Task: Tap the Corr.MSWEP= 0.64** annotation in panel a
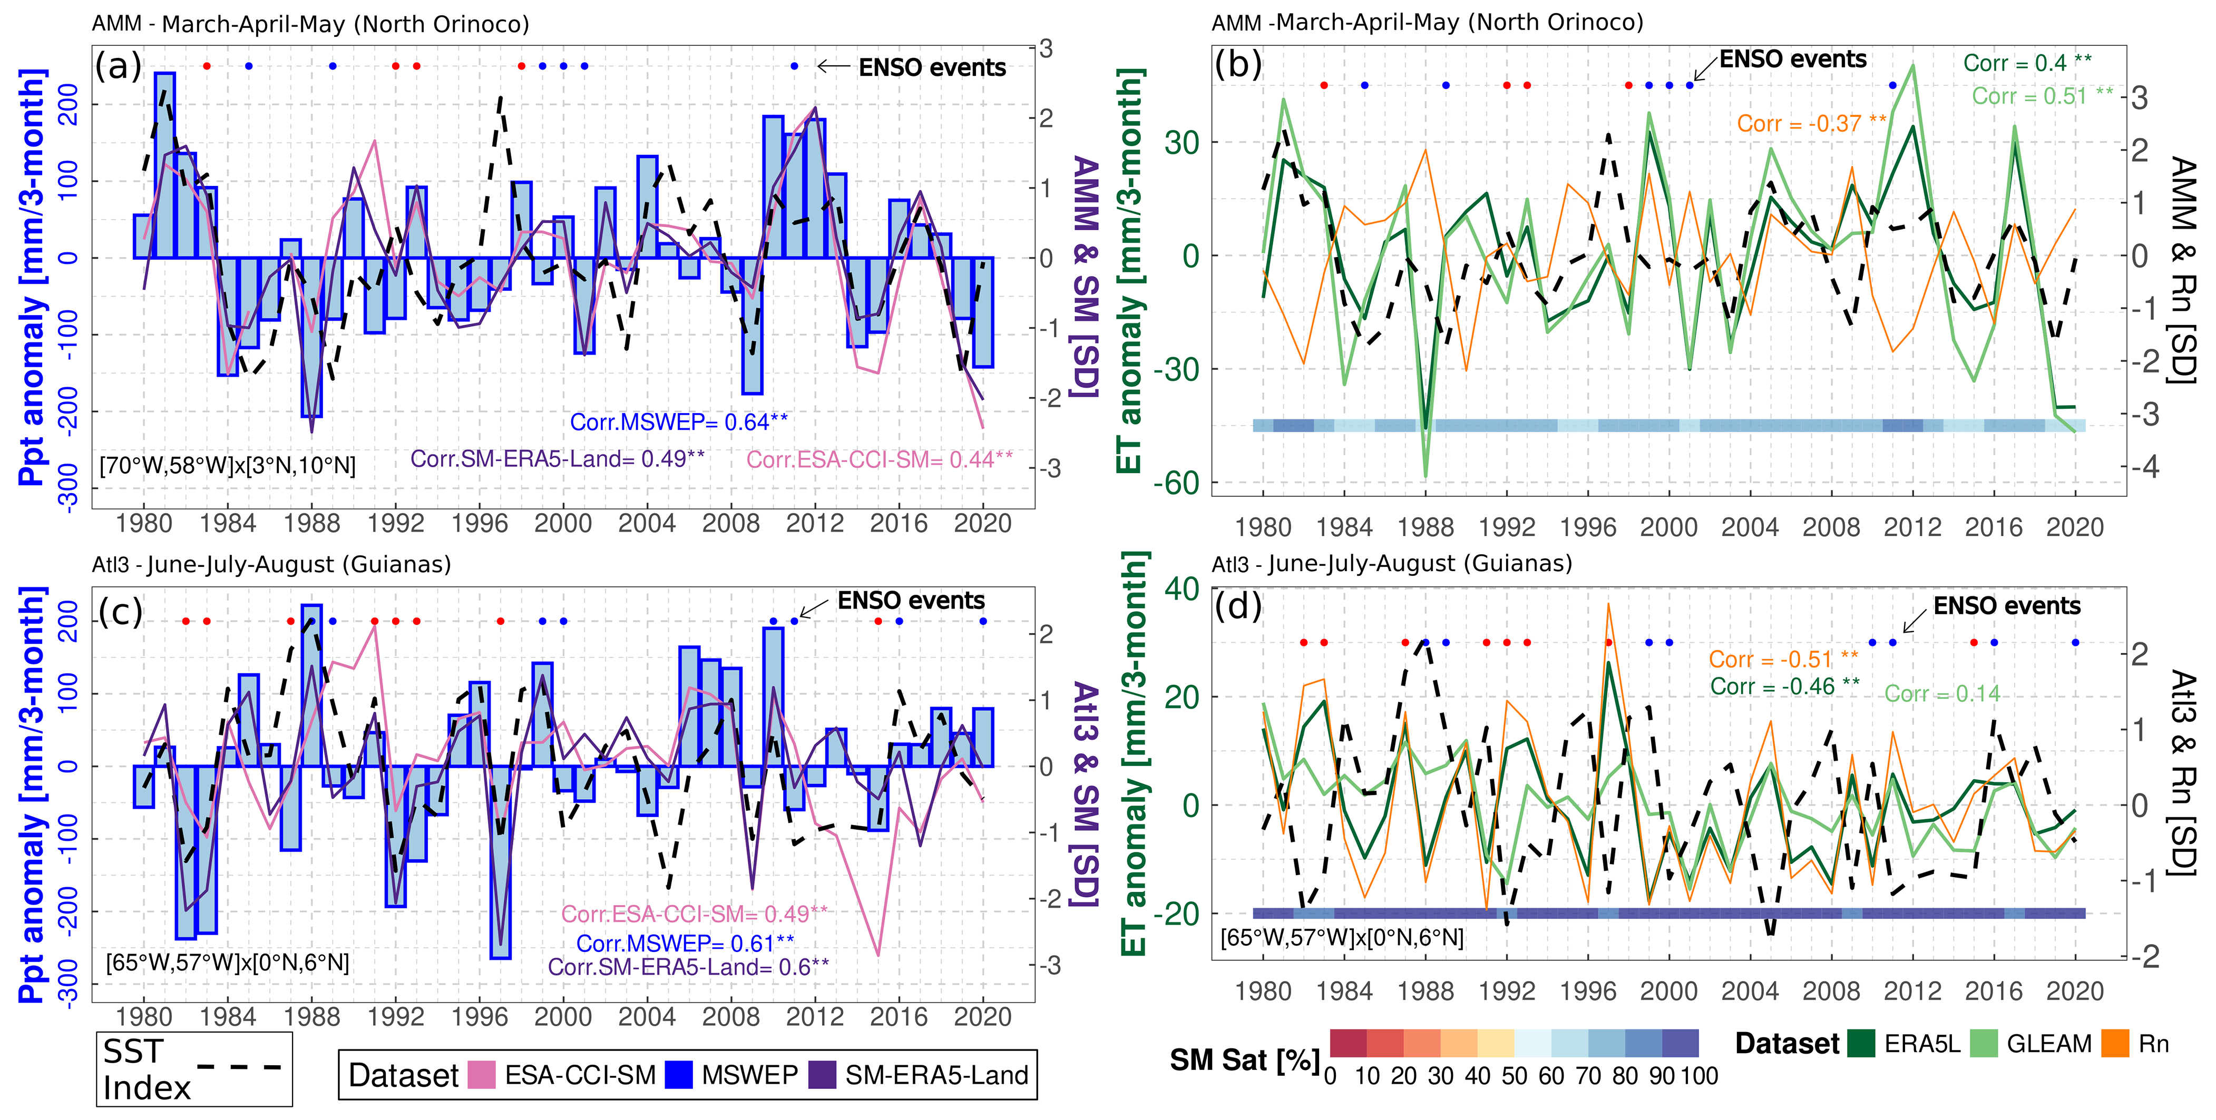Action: click(x=679, y=423)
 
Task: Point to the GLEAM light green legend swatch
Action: click(x=1983, y=1044)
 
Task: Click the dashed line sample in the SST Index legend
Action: click(x=239, y=1067)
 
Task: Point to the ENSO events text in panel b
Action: click(x=1793, y=60)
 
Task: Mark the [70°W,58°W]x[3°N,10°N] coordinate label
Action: click(x=228, y=465)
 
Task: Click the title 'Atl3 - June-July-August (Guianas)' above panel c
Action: click(x=272, y=564)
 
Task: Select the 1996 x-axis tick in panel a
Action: click(x=479, y=523)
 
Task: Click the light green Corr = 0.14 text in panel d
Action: click(x=1941, y=693)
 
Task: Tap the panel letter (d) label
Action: click(x=1238, y=606)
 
